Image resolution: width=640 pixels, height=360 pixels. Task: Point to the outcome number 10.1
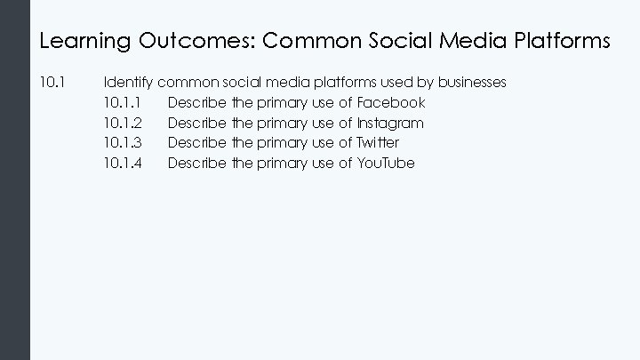52,83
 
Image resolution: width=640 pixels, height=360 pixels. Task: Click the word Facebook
391,102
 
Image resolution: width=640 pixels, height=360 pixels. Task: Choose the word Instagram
390,123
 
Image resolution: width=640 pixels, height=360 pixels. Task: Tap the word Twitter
378,142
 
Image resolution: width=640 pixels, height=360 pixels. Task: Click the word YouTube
386,163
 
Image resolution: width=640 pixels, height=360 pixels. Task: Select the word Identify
129,83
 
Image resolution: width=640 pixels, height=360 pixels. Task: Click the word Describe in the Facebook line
196,102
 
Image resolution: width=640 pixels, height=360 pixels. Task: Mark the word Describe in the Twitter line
196,142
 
